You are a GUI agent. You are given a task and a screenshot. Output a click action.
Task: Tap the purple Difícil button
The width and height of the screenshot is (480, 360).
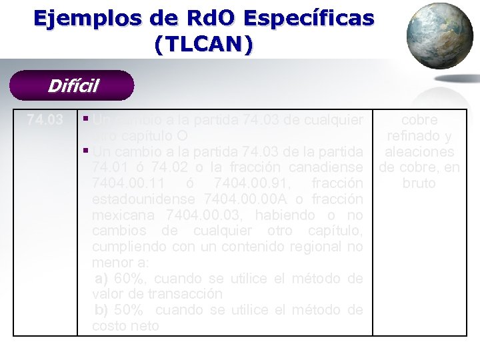point(73,86)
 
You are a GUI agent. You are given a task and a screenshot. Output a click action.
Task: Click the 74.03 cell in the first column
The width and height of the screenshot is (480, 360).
point(45,121)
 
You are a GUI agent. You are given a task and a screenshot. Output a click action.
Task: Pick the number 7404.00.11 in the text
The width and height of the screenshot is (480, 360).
point(125,183)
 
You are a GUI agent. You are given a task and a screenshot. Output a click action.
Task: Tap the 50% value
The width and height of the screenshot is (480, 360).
point(127,310)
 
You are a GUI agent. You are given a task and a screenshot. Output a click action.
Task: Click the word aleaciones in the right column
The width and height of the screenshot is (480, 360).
point(419,152)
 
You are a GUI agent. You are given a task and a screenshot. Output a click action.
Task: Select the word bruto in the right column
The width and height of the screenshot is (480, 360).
point(419,183)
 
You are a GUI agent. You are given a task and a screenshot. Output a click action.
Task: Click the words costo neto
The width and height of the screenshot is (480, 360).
point(126,326)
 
